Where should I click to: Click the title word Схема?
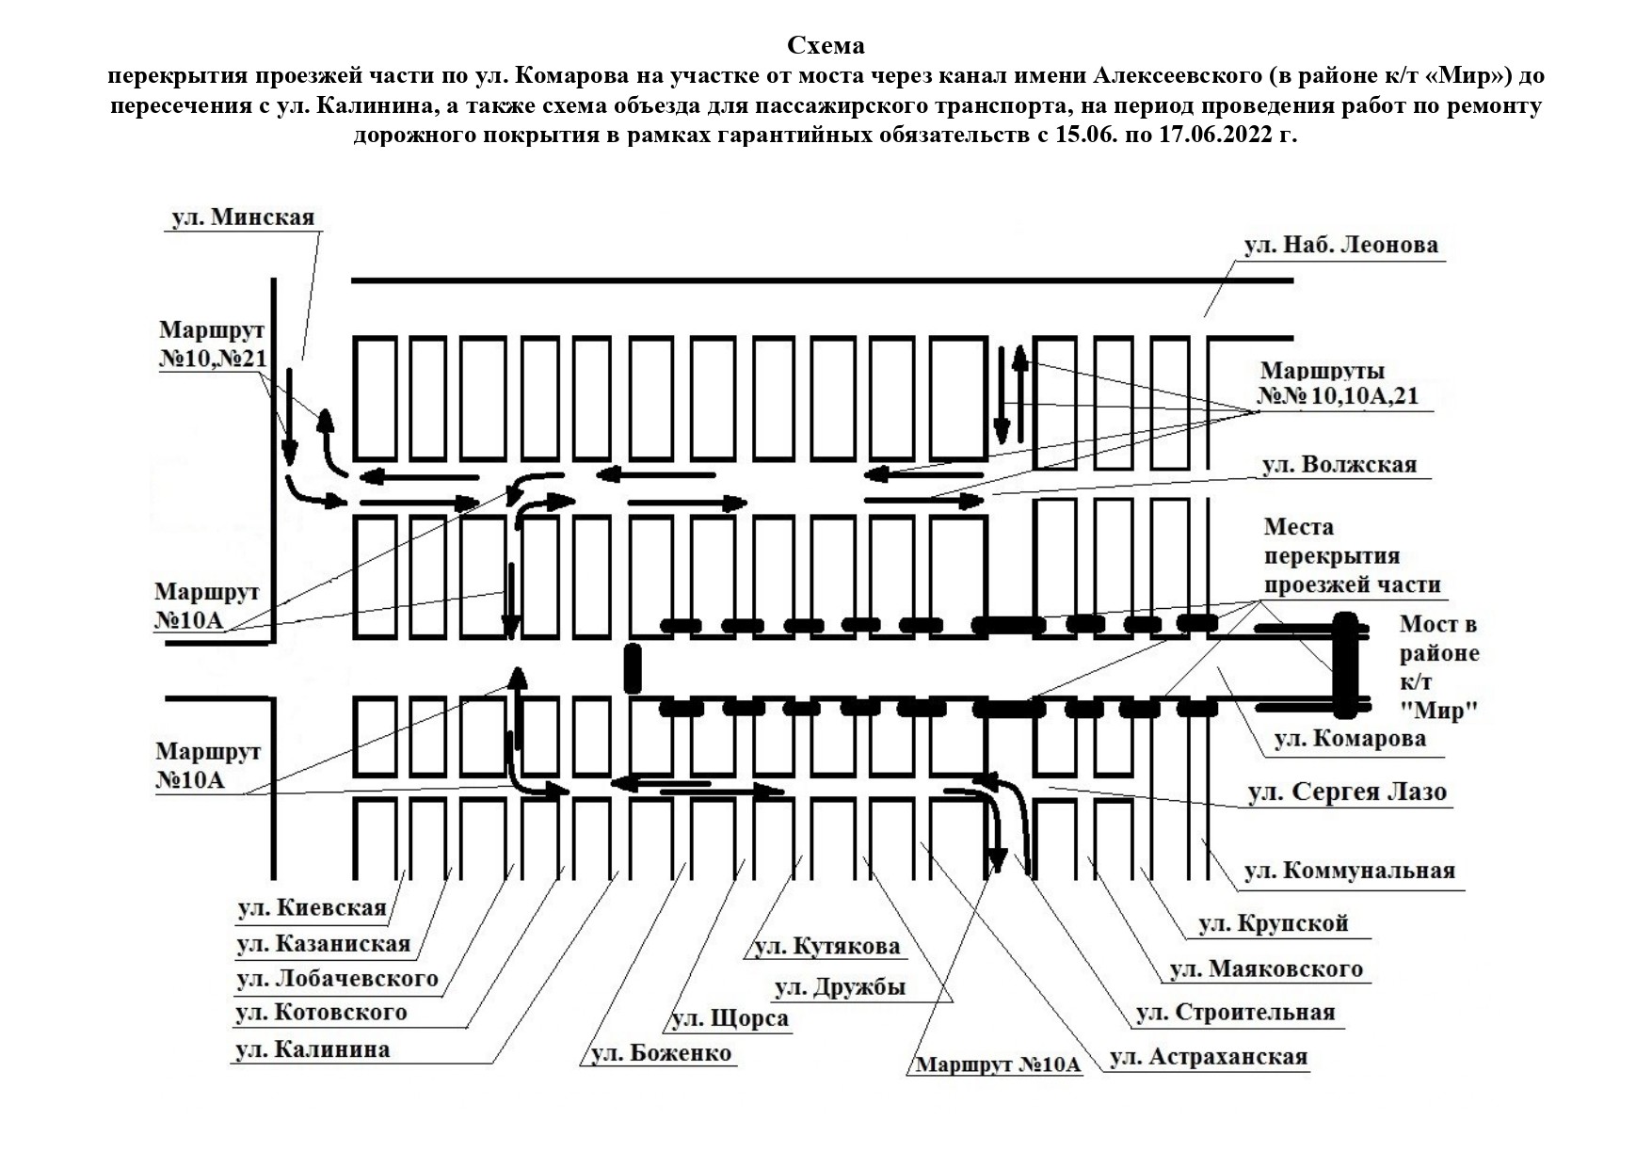coord(826,45)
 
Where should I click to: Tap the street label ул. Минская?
coord(243,217)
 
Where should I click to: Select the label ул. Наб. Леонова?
coord(1340,246)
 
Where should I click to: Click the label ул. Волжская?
coord(1339,465)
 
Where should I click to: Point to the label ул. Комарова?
coord(1350,739)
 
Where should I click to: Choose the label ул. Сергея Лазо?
coord(1346,792)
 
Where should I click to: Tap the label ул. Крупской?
coord(1274,923)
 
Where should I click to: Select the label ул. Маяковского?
coord(1266,968)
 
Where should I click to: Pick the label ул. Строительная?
coord(1235,1013)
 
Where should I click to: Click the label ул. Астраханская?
coord(1209,1057)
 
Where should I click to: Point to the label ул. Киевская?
coord(312,908)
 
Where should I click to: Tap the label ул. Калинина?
coord(312,1049)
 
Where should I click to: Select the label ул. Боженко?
coord(660,1053)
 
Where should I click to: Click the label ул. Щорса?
coord(730,1019)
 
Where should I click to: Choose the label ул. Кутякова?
coord(826,946)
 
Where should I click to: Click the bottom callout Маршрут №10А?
coord(998,1064)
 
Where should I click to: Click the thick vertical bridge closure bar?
coord(1345,665)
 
